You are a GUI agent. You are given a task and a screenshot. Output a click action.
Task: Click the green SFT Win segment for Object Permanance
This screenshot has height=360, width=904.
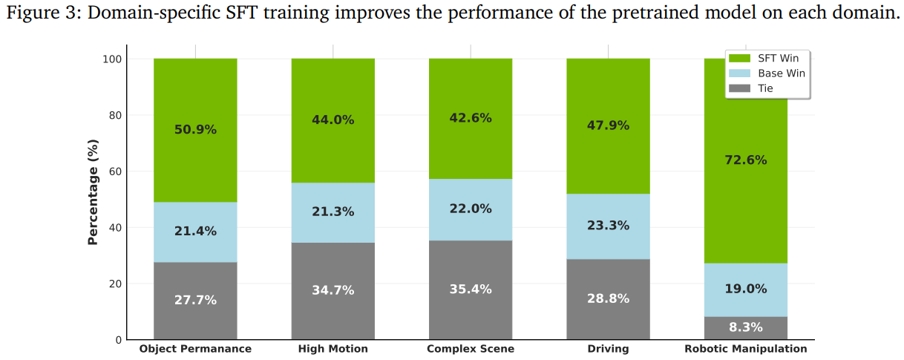[x=195, y=131]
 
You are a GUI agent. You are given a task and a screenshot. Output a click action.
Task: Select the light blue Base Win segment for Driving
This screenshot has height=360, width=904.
[x=608, y=226]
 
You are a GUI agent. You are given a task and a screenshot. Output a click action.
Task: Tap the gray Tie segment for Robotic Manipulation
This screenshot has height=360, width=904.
[x=746, y=328]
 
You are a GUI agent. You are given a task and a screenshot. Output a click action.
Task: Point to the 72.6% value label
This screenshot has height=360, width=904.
[x=746, y=160]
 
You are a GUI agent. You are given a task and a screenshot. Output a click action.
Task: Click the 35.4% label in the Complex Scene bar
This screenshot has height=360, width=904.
[x=471, y=289]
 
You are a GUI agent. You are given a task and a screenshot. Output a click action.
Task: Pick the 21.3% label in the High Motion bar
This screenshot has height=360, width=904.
[x=333, y=212]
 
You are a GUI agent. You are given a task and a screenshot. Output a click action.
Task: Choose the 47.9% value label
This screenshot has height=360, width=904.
[x=608, y=125]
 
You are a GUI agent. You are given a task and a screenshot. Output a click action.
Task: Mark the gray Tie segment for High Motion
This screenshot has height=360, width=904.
[x=333, y=291]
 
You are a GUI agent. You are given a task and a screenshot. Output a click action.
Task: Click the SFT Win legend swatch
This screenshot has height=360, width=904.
[x=739, y=58]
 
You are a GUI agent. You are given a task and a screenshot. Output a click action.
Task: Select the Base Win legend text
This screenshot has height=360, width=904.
[x=782, y=73]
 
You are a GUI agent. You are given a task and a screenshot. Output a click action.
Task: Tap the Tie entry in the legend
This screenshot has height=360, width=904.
[x=765, y=88]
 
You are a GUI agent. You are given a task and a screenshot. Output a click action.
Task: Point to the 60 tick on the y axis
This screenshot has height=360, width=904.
[x=116, y=171]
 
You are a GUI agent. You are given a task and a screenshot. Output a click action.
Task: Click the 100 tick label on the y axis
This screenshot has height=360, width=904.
[x=112, y=59]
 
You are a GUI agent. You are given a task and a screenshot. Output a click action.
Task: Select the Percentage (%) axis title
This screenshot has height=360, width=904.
[x=93, y=192]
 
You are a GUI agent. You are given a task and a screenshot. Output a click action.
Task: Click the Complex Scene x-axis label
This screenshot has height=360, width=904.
[x=471, y=349]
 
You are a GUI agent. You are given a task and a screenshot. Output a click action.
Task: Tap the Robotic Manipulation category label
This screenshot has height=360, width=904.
[x=746, y=349]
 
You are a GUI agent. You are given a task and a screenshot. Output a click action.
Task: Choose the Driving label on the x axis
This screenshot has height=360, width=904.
[x=608, y=349]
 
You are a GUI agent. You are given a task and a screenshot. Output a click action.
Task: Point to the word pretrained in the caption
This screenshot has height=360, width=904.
[x=654, y=13]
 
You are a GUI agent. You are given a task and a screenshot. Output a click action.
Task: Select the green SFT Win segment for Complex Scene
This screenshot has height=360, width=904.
[x=471, y=119]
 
